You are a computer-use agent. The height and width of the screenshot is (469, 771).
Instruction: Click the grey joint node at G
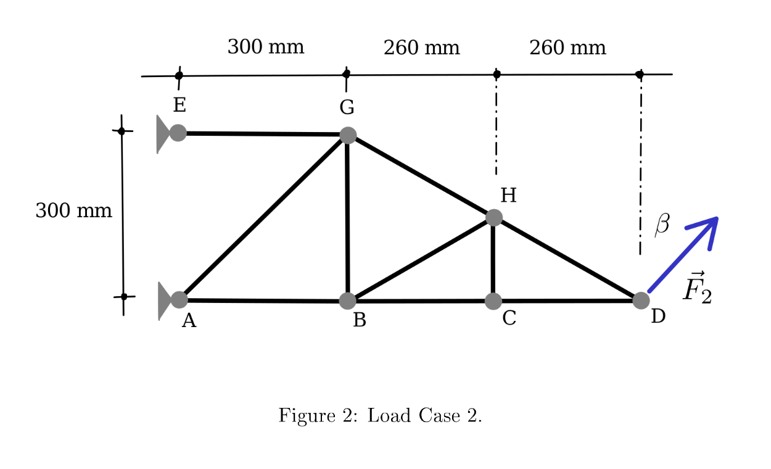click(x=348, y=135)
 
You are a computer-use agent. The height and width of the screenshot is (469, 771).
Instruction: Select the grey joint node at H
click(x=493, y=217)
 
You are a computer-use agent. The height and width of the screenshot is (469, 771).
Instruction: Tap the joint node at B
click(x=348, y=301)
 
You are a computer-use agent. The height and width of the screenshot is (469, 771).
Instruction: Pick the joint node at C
click(x=493, y=301)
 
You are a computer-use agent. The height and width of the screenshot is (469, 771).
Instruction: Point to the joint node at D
click(x=641, y=301)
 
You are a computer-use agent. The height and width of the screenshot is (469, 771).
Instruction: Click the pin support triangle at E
click(x=162, y=133)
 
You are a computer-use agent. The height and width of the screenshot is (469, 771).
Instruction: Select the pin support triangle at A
click(x=163, y=301)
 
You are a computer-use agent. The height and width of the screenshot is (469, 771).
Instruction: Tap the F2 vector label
click(x=697, y=288)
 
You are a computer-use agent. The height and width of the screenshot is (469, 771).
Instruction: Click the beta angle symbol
click(x=662, y=224)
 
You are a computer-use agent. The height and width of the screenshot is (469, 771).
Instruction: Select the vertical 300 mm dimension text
click(x=73, y=211)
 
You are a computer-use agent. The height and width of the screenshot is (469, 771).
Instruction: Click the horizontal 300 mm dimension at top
click(x=265, y=47)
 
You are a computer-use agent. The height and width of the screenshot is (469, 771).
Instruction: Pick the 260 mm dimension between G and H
click(x=421, y=48)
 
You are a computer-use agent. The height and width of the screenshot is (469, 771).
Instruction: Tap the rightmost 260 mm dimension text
click(x=567, y=48)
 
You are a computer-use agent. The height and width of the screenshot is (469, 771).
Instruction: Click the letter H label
click(x=508, y=196)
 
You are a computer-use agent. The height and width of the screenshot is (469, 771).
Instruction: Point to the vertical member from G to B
click(x=348, y=216)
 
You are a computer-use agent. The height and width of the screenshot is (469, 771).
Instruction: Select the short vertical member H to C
click(x=493, y=259)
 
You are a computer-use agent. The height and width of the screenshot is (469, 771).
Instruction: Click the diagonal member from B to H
click(x=421, y=259)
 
